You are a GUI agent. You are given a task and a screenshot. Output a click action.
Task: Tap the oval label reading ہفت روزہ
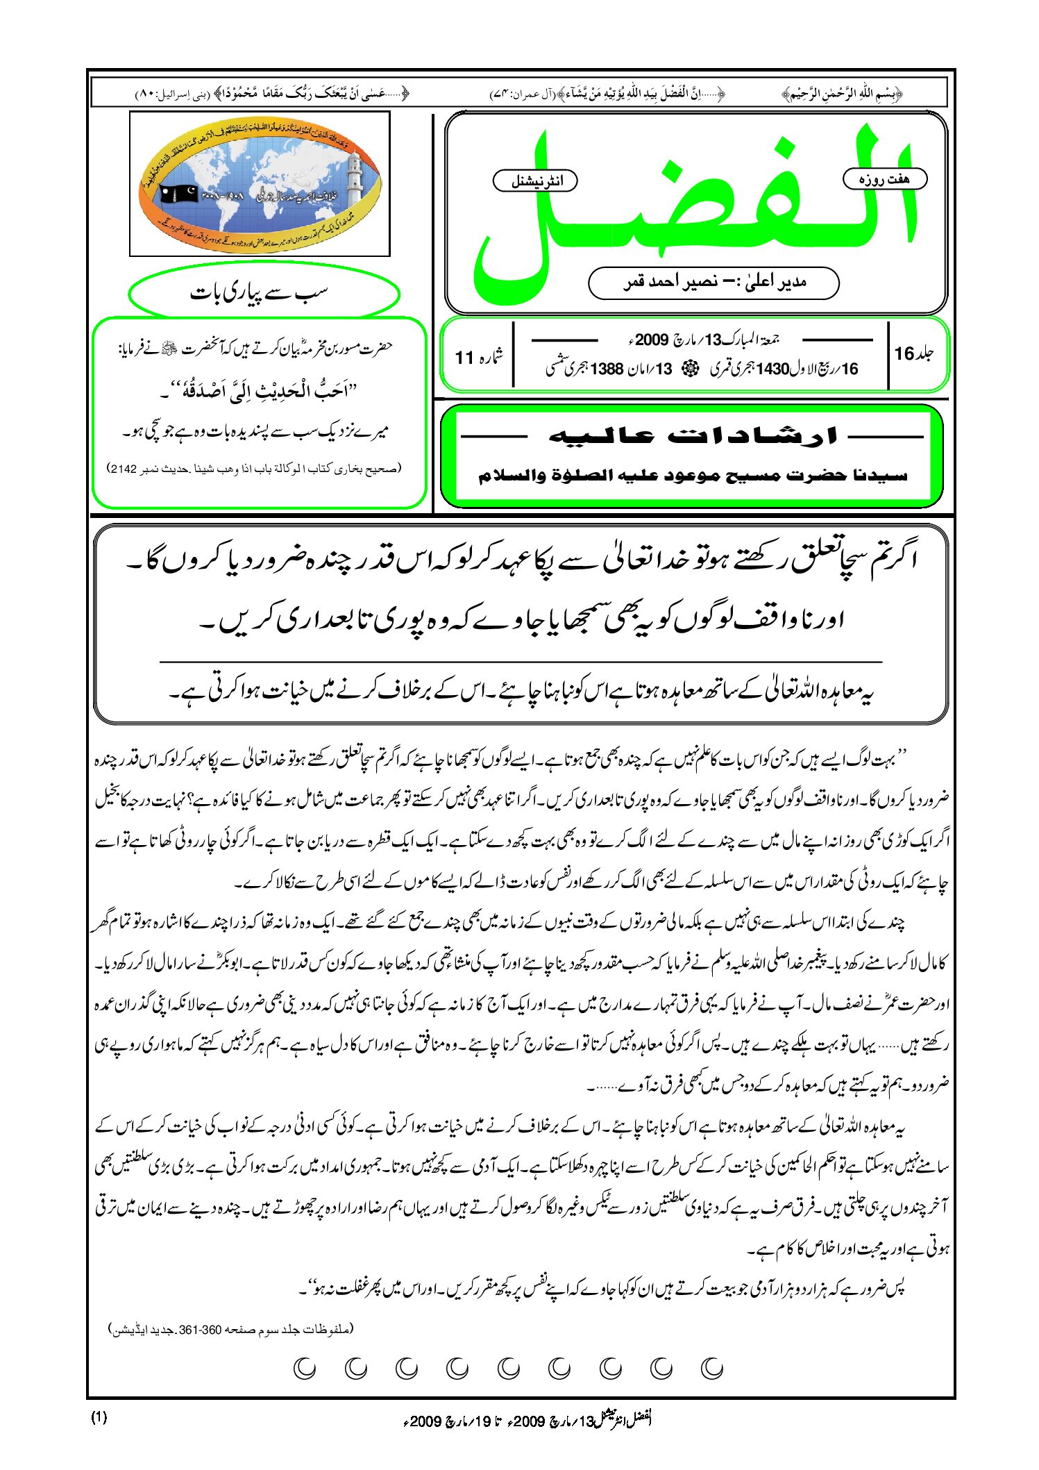pos(884,179)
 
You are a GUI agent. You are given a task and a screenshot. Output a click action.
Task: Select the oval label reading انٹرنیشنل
pos(535,181)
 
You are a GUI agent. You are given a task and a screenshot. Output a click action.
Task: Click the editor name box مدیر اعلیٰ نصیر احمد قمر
pos(713,283)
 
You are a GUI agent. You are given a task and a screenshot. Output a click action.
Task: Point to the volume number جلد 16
pos(913,353)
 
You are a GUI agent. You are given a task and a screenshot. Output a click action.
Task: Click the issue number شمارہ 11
pos(478,358)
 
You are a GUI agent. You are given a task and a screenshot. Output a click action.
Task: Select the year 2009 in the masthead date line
pos(651,340)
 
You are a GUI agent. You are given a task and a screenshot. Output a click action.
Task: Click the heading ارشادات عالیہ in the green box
pos(692,436)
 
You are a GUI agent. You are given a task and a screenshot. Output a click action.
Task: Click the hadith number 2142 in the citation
pos(125,469)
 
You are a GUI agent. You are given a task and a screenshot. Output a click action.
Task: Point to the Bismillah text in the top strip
pos(842,93)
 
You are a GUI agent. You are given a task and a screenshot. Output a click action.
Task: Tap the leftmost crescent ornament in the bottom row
pos(304,1369)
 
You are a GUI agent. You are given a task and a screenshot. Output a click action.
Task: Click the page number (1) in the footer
pos(99,1417)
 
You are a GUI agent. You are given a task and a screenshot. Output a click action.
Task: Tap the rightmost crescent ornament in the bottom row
pos(711,1369)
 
